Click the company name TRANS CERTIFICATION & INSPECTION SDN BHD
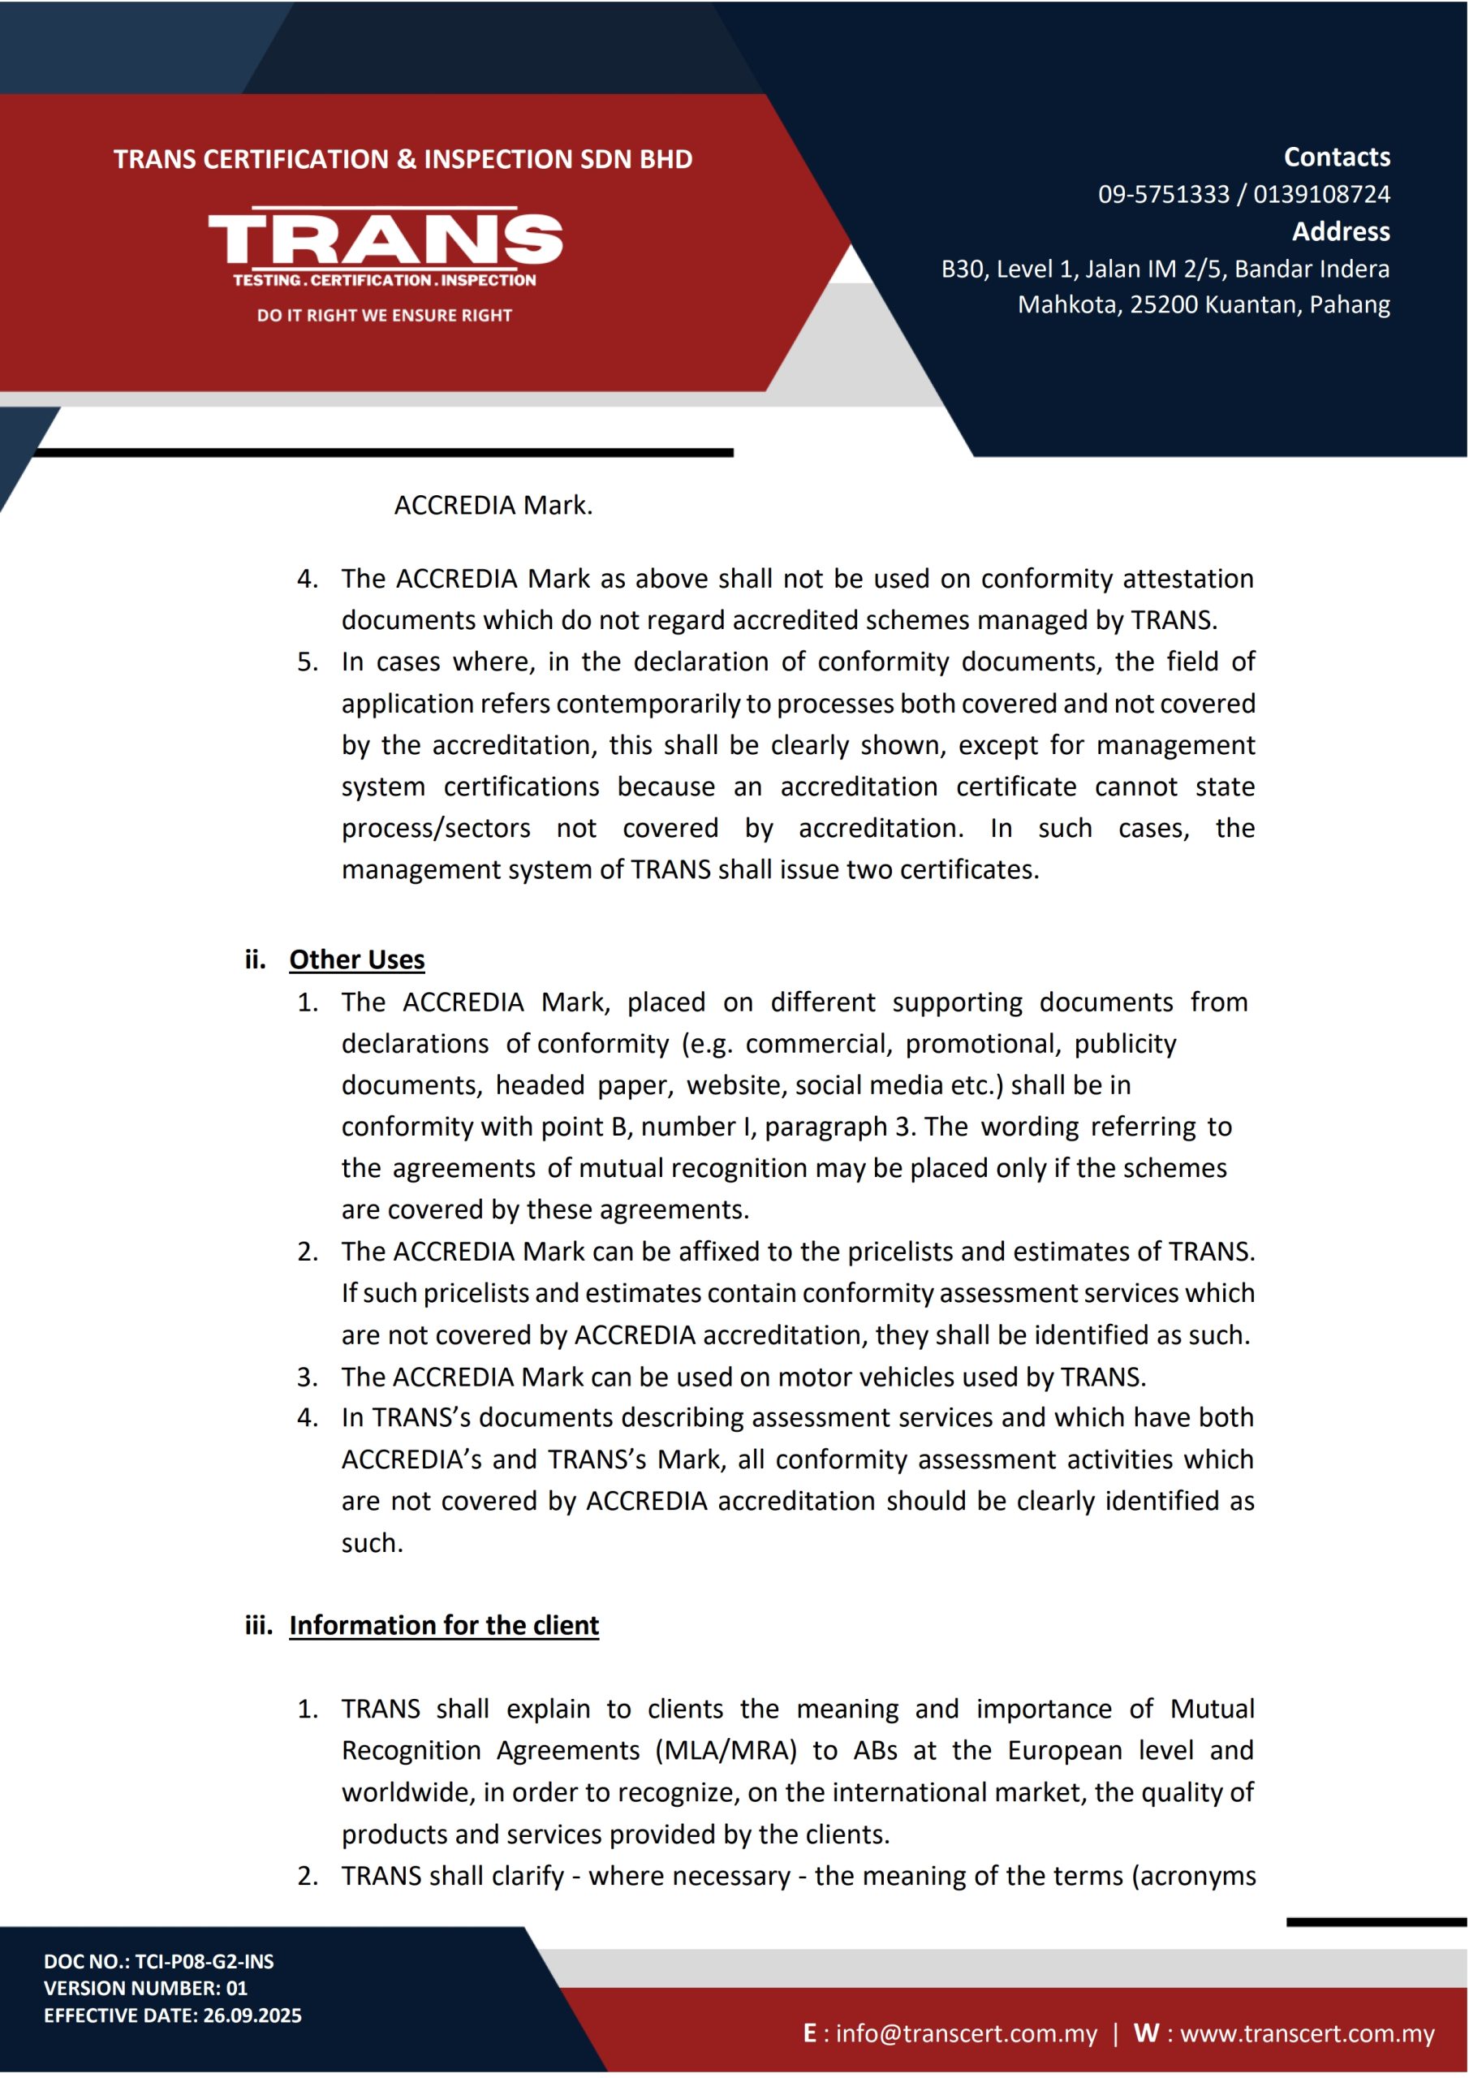[x=403, y=159]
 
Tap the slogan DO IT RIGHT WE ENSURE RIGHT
[x=385, y=315]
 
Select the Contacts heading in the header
[x=1336, y=157]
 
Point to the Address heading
[x=1340, y=231]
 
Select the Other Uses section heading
[x=356, y=959]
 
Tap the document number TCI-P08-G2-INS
[x=205, y=1961]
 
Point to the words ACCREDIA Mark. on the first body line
[x=493, y=505]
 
